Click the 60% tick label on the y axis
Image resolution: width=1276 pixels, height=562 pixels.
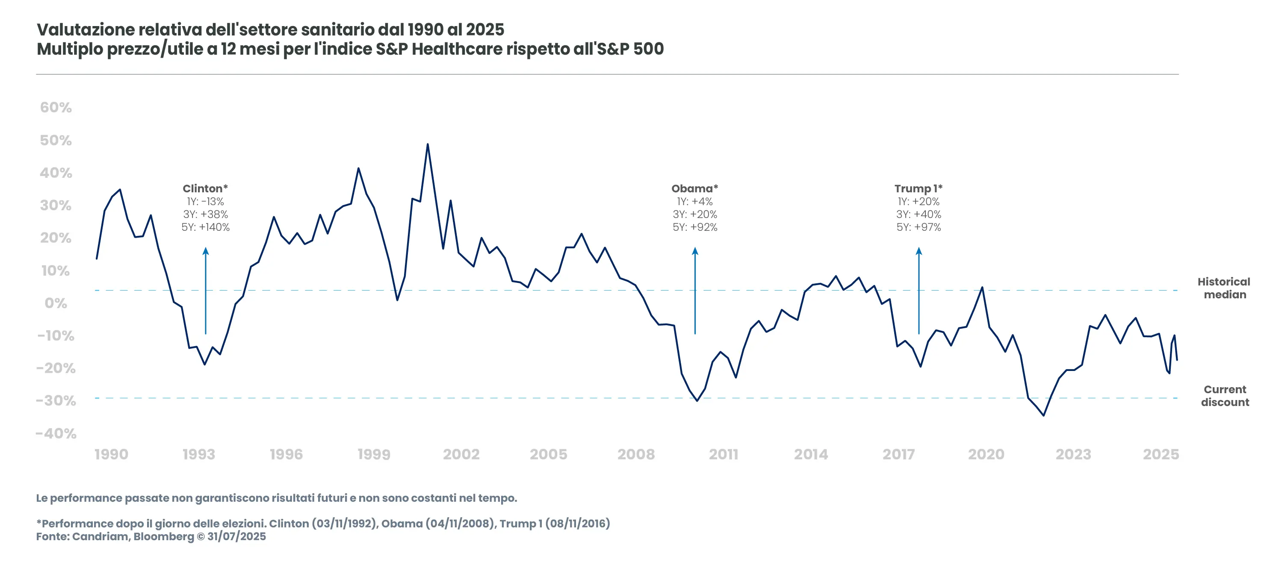click(56, 107)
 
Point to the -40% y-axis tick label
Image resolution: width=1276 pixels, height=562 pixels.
click(56, 434)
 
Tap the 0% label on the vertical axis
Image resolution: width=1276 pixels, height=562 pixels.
click(56, 303)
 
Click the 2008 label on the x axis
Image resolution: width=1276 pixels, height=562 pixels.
click(635, 454)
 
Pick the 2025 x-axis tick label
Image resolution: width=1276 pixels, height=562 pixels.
click(1160, 454)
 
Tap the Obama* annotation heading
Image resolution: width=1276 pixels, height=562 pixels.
click(694, 188)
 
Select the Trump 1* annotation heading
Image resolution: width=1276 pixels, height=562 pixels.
click(918, 188)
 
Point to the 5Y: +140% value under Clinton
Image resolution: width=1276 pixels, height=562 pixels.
click(205, 227)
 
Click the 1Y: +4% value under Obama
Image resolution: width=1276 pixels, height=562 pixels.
click(694, 202)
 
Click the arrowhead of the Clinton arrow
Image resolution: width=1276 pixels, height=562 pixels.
click(206, 250)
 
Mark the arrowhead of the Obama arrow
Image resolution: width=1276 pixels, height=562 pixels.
click(695, 250)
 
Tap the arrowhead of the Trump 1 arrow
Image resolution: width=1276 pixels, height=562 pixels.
click(919, 250)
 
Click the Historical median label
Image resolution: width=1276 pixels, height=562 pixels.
click(1224, 288)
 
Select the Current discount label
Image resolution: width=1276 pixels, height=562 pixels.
click(1225, 396)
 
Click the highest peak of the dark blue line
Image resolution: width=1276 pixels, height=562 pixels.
click(428, 144)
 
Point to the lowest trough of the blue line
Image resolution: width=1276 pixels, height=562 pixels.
click(1043, 415)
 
